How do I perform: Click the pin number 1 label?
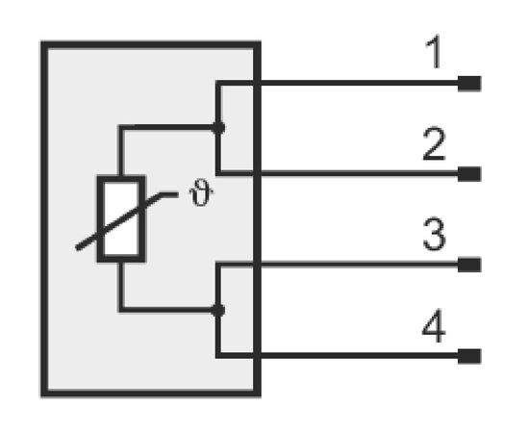[435, 52]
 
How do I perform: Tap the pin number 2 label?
[434, 143]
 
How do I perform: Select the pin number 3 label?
[434, 234]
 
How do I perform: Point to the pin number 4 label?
[434, 325]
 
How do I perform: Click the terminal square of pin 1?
[469, 84]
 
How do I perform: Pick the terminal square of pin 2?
[469, 174]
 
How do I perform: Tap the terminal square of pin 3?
[469, 265]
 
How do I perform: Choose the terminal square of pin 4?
[469, 356]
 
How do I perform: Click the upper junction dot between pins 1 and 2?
[218, 128]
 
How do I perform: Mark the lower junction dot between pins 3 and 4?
[218, 310]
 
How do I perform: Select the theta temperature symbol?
[201, 192]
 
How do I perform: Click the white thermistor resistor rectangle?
[121, 218]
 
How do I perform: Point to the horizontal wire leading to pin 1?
[338, 83]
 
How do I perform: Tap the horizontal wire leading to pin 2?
[338, 173]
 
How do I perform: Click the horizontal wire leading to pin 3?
[338, 265]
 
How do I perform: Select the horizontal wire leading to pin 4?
[338, 355]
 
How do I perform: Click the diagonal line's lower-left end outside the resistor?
[78, 248]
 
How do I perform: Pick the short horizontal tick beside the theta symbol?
[168, 194]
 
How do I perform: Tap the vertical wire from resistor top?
[121, 150]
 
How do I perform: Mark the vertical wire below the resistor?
[121, 286]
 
